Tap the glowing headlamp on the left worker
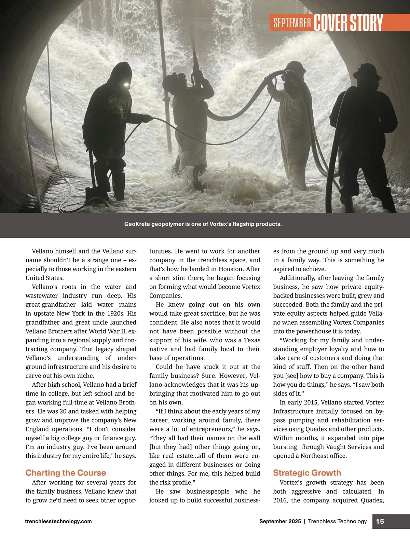click(x=125, y=85)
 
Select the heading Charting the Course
click(x=66, y=473)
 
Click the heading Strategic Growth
click(x=307, y=473)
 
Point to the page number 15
click(x=380, y=521)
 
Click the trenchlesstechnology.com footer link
click(x=58, y=521)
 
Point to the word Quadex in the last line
click(x=372, y=500)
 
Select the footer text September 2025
click(x=280, y=521)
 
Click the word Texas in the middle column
click(x=252, y=340)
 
